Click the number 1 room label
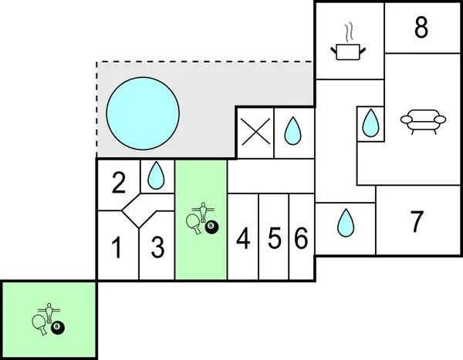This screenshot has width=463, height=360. coord(117,249)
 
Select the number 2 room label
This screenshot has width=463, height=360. coord(118,183)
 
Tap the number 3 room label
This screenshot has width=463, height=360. coord(157,249)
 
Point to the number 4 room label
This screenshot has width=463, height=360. coord(243,240)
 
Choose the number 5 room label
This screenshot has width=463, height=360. coord(274,240)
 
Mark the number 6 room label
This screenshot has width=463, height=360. coord(301,240)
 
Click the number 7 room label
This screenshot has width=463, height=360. coord(417,222)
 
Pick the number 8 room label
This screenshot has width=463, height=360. coord(421,28)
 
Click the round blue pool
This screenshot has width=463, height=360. coord(143,112)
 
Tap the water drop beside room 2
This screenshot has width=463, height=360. coord(157,176)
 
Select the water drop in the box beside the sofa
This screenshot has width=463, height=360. coord(371,123)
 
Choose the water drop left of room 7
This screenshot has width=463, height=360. coord(345,224)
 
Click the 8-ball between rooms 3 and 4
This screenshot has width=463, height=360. coord(211,227)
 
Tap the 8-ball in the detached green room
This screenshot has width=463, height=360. coord(58,328)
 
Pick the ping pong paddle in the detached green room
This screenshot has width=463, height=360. coord(39,322)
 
